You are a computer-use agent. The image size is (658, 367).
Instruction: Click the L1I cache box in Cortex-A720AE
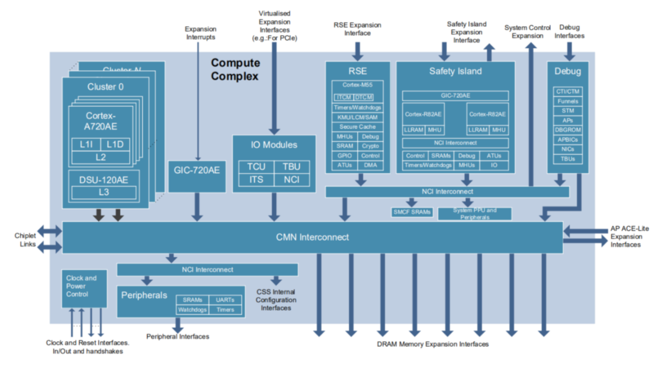[x=86, y=145]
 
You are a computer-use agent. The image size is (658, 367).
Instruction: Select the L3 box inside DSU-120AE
[x=104, y=192]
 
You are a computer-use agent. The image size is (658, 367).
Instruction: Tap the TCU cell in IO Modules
[x=256, y=167]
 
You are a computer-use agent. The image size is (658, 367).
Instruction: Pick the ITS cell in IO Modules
[x=256, y=180]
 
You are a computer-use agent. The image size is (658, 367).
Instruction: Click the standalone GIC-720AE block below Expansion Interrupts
[x=197, y=171]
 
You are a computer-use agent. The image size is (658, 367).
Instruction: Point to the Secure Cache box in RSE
[x=357, y=127]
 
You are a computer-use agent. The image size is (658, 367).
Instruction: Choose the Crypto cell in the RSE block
[x=370, y=146]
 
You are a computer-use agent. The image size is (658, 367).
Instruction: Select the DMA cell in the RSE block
[x=370, y=165]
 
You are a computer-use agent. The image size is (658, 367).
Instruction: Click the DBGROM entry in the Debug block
[x=568, y=130]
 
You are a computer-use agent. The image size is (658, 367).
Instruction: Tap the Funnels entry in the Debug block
[x=568, y=101]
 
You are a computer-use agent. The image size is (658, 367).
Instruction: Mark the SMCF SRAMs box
[x=412, y=212]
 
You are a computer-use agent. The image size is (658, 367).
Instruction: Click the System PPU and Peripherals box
[x=475, y=214]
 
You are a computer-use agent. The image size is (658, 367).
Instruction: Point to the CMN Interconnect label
[x=312, y=237]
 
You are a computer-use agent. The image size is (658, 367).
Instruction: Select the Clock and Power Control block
[x=84, y=288]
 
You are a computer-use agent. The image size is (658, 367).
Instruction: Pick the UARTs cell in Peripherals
[x=225, y=300]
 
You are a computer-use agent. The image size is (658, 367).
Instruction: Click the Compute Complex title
[x=235, y=69]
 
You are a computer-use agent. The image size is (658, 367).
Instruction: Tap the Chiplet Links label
[x=26, y=240]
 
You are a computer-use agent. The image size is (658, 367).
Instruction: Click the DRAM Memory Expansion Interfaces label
[x=433, y=344]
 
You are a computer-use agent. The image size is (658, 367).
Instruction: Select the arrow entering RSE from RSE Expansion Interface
[x=357, y=51]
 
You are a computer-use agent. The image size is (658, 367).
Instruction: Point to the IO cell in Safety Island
[x=494, y=165]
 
